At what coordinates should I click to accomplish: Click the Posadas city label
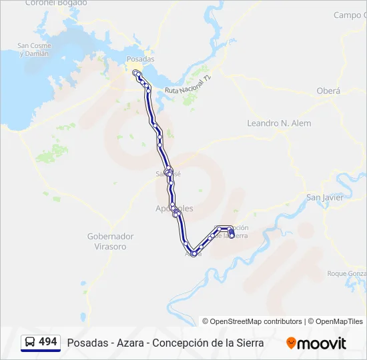tap(140, 59)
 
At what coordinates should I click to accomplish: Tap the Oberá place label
tap(328, 91)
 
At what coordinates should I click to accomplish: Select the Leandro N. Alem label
tap(279, 123)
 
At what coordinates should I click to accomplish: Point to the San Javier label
tap(324, 197)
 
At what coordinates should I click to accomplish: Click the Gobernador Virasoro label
tap(110, 241)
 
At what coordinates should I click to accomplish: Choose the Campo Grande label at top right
tap(350, 15)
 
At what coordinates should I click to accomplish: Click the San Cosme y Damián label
tap(33, 49)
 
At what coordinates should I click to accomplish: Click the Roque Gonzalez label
tap(347, 273)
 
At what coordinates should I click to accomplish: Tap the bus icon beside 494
tap(30, 342)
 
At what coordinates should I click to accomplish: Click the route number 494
tap(48, 342)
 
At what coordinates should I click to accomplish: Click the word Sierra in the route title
tap(249, 343)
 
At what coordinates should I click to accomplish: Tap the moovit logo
tap(316, 343)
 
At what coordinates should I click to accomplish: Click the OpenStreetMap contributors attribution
tap(252, 321)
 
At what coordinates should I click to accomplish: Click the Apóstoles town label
tap(174, 209)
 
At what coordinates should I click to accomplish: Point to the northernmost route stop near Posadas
tap(135, 72)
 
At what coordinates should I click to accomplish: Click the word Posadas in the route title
tap(85, 343)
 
